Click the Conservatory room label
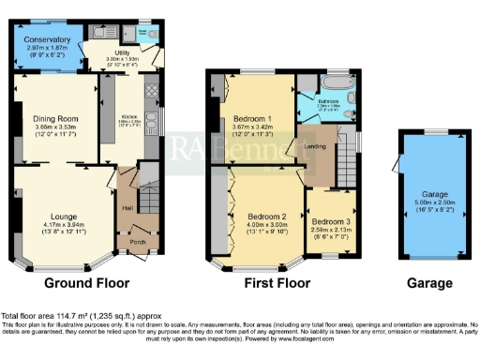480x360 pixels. point(47,40)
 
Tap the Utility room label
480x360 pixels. point(122,53)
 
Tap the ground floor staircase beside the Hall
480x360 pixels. point(147,187)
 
